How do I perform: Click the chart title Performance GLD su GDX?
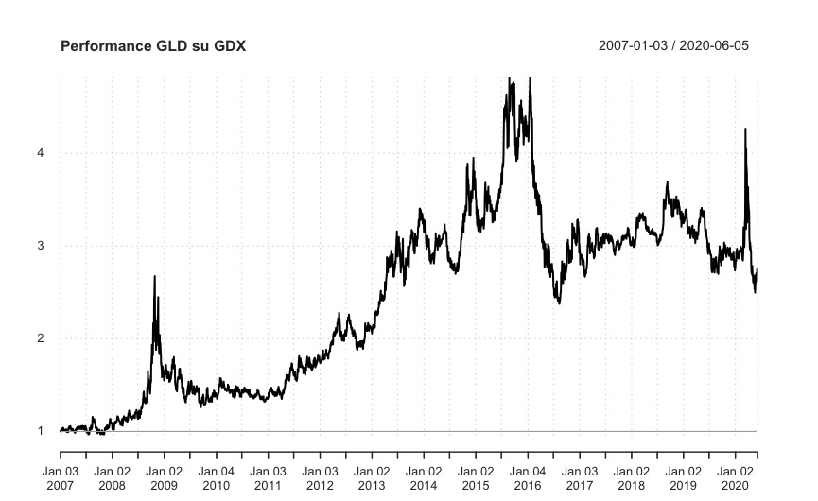pyautogui.click(x=152, y=45)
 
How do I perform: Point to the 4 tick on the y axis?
pyautogui.click(x=41, y=153)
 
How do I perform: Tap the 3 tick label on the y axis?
pyautogui.click(x=41, y=246)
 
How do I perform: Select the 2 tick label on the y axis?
pyautogui.click(x=41, y=338)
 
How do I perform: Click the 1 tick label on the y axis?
pyautogui.click(x=41, y=431)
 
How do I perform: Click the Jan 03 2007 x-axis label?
pyautogui.click(x=60, y=477)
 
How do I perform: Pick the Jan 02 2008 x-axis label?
pyautogui.click(x=112, y=477)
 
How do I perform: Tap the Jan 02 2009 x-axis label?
pyautogui.click(x=164, y=477)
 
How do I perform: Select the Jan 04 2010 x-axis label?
pyautogui.click(x=216, y=477)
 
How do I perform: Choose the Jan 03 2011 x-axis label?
pyautogui.click(x=268, y=477)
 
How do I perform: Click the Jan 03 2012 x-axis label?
pyautogui.click(x=320, y=477)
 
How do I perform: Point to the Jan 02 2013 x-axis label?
pyautogui.click(x=372, y=477)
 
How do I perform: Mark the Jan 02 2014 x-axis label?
pyautogui.click(x=424, y=477)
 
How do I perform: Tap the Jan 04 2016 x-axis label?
pyautogui.click(x=528, y=477)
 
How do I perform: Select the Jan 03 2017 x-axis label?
pyautogui.click(x=580, y=477)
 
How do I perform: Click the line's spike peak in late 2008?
pyautogui.click(x=155, y=276)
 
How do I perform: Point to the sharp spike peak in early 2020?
pyautogui.click(x=745, y=129)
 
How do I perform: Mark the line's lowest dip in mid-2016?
pyautogui.click(x=559, y=302)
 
